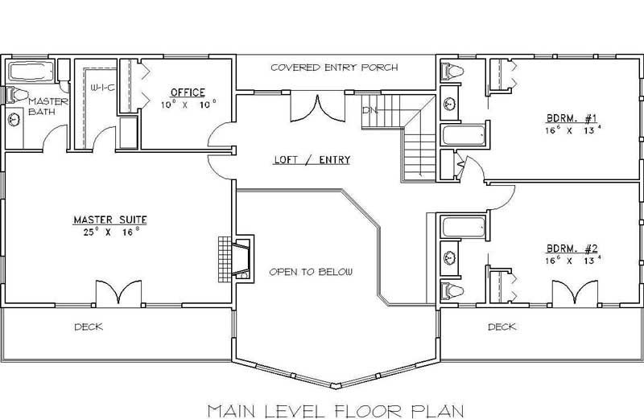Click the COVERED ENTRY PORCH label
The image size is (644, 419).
pyautogui.click(x=333, y=68)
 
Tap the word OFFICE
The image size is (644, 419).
pyautogui.click(x=187, y=92)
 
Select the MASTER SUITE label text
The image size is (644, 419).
pyautogui.click(x=110, y=219)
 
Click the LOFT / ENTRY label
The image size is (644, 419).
pyautogui.click(x=312, y=160)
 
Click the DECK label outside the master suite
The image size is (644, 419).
pyautogui.click(x=89, y=327)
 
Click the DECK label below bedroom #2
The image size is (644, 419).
pyautogui.click(x=502, y=327)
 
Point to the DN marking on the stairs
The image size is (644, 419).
pyautogui.click(x=369, y=109)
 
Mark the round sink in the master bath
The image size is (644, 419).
pyautogui.click(x=14, y=119)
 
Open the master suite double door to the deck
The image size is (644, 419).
pyautogui.click(x=118, y=294)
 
